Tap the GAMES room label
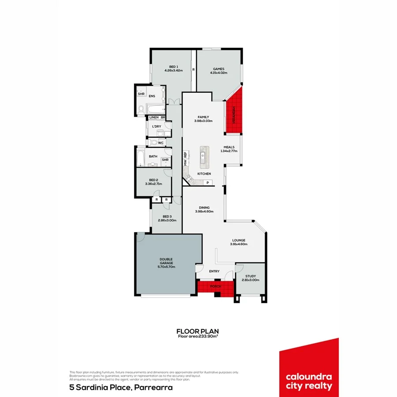click(x=219, y=69)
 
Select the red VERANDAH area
click(x=234, y=113)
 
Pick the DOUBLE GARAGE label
click(x=166, y=261)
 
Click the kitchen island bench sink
click(x=204, y=155)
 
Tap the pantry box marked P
click(x=207, y=182)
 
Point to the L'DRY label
click(x=157, y=127)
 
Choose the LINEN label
click(x=154, y=117)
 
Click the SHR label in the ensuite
click(x=141, y=94)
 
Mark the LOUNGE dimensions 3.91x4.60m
click(x=239, y=244)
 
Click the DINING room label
click(x=204, y=207)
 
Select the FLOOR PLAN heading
click(x=198, y=331)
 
